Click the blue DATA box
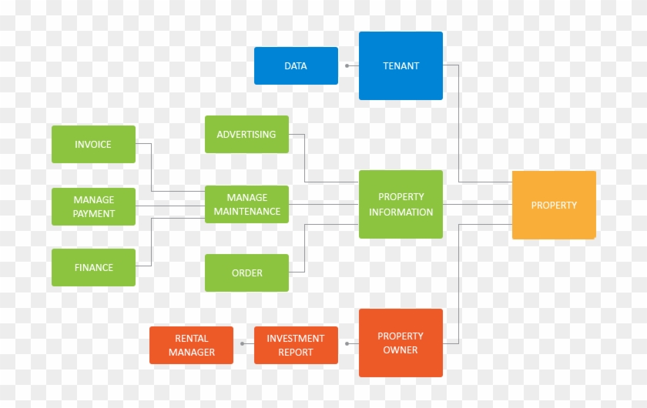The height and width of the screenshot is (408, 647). [296, 66]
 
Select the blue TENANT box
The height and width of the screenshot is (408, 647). [401, 65]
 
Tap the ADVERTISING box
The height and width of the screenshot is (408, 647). [246, 135]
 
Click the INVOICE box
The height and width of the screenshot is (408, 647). [93, 145]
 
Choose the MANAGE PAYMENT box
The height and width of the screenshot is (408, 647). [93, 206]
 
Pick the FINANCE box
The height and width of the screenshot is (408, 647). [93, 267]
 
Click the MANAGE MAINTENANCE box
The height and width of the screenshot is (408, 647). [246, 204]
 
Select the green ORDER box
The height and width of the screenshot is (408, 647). [246, 273]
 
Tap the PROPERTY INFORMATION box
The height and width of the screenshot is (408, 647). [401, 204]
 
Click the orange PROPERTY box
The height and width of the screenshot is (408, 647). [554, 205]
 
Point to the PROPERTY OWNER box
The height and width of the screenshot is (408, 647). [401, 343]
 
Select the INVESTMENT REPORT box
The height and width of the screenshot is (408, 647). [296, 346]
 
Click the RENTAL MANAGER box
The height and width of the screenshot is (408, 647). [191, 346]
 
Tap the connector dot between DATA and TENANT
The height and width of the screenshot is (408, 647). [347, 65]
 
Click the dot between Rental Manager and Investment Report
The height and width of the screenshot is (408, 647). [242, 343]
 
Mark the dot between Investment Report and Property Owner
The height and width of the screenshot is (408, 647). [347, 343]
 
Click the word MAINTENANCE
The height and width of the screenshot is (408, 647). [247, 212]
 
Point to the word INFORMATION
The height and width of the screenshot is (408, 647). [401, 212]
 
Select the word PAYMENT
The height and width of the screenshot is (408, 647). [94, 214]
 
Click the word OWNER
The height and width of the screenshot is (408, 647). [401, 349]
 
